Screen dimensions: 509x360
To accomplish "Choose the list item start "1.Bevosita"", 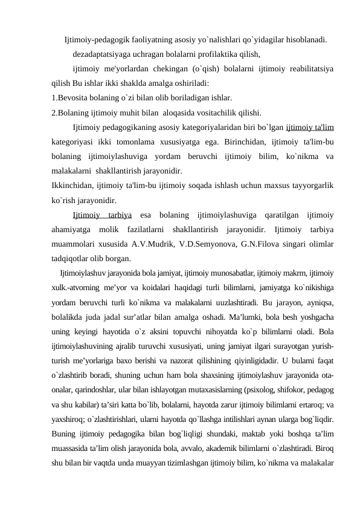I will pyautogui.click(x=72, y=97).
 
